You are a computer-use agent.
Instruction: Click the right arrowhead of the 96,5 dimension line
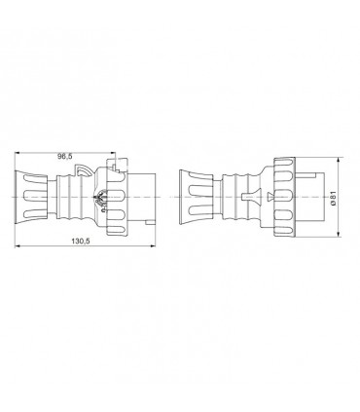point(116,162)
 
